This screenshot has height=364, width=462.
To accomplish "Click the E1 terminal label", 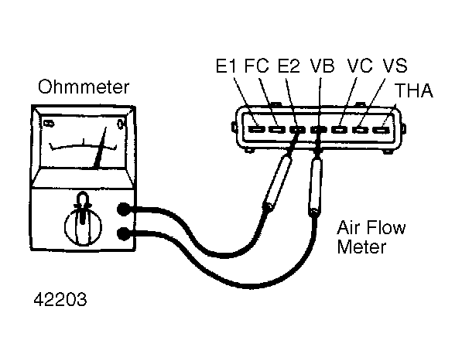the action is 226,66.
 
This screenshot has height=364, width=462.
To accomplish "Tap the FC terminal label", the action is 257,66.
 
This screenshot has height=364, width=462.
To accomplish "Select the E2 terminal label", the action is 289,66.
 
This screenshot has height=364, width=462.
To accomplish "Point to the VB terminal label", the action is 323,66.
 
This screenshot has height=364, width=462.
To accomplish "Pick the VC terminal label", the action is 360,66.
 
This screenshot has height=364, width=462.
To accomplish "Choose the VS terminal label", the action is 395,66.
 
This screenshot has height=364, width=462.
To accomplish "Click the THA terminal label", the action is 414,90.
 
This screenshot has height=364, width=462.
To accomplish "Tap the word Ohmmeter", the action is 84,87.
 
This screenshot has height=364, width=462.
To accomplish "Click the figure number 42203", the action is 60,300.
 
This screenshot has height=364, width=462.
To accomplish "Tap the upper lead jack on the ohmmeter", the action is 124,209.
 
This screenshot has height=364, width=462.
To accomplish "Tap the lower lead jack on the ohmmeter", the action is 124,234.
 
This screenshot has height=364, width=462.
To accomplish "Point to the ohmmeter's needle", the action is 100,148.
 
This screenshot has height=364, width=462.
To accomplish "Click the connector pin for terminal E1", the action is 257,129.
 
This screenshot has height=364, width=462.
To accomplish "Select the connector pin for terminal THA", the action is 382,129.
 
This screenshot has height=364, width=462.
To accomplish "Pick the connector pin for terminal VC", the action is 340,129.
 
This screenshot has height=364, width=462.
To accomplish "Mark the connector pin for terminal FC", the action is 278,129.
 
